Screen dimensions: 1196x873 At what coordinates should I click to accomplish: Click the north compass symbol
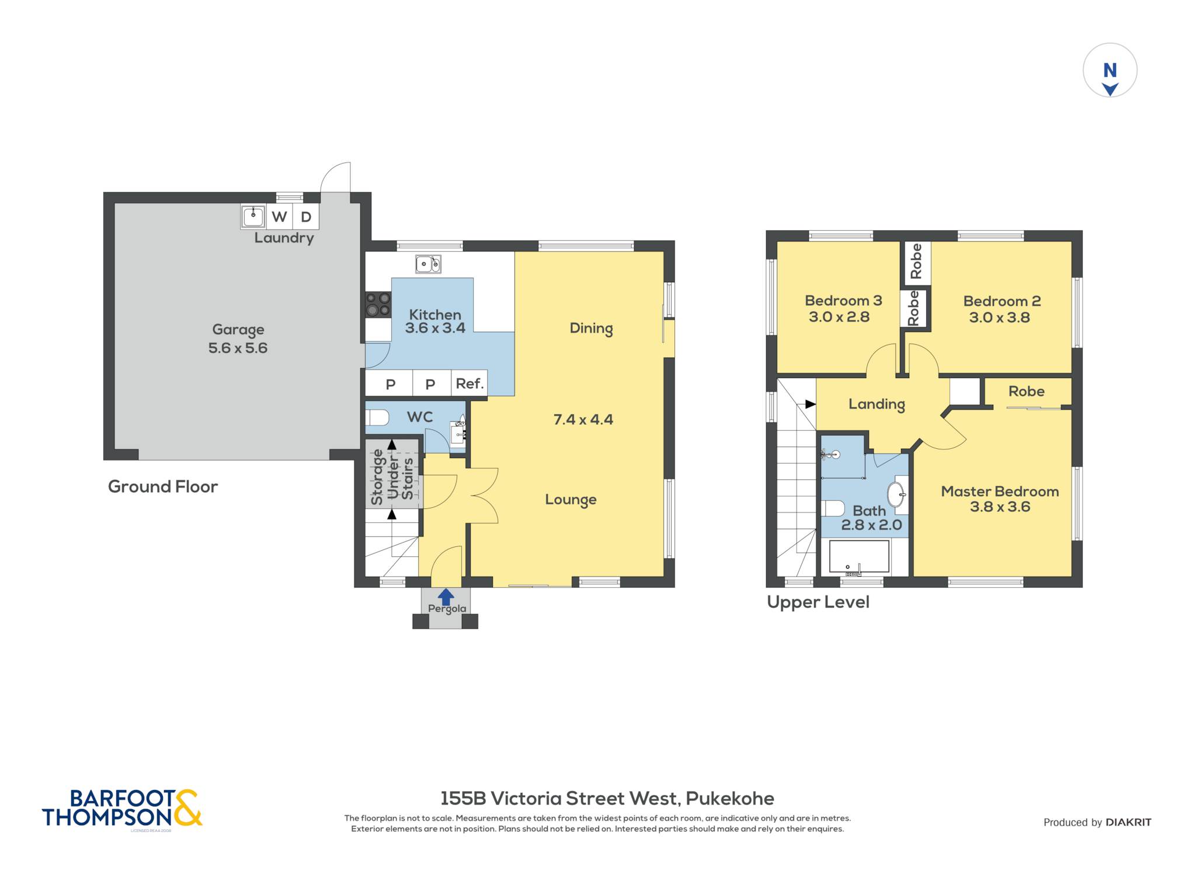tap(1110, 70)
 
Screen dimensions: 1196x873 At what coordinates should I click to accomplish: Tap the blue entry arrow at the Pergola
tap(446, 597)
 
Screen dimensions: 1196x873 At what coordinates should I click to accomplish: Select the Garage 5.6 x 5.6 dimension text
tap(238, 348)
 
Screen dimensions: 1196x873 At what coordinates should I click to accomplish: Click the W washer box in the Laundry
tap(279, 217)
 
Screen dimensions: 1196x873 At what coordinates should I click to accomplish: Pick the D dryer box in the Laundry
tap(305, 217)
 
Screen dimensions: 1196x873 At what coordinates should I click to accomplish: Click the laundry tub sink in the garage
tap(253, 216)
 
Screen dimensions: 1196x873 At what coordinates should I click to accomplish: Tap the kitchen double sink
tap(428, 264)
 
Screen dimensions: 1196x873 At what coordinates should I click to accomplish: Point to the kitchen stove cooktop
tap(378, 304)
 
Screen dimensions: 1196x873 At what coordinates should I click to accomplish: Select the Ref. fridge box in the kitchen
tap(470, 384)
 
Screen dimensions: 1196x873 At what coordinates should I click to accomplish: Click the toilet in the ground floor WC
tap(377, 418)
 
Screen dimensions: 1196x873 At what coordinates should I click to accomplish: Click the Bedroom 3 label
tap(843, 301)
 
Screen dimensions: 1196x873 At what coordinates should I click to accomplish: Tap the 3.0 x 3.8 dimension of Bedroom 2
tap(999, 318)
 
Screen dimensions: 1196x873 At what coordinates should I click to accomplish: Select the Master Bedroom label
tap(1000, 491)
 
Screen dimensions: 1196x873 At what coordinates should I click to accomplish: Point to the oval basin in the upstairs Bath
tap(896, 494)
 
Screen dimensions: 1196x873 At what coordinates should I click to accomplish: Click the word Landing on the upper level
tap(877, 404)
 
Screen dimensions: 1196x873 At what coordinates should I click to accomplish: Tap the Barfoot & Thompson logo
tap(122, 809)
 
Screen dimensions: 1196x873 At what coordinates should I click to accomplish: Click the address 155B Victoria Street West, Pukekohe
tap(607, 798)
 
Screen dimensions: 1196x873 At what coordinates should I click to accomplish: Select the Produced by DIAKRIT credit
tap(1097, 823)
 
